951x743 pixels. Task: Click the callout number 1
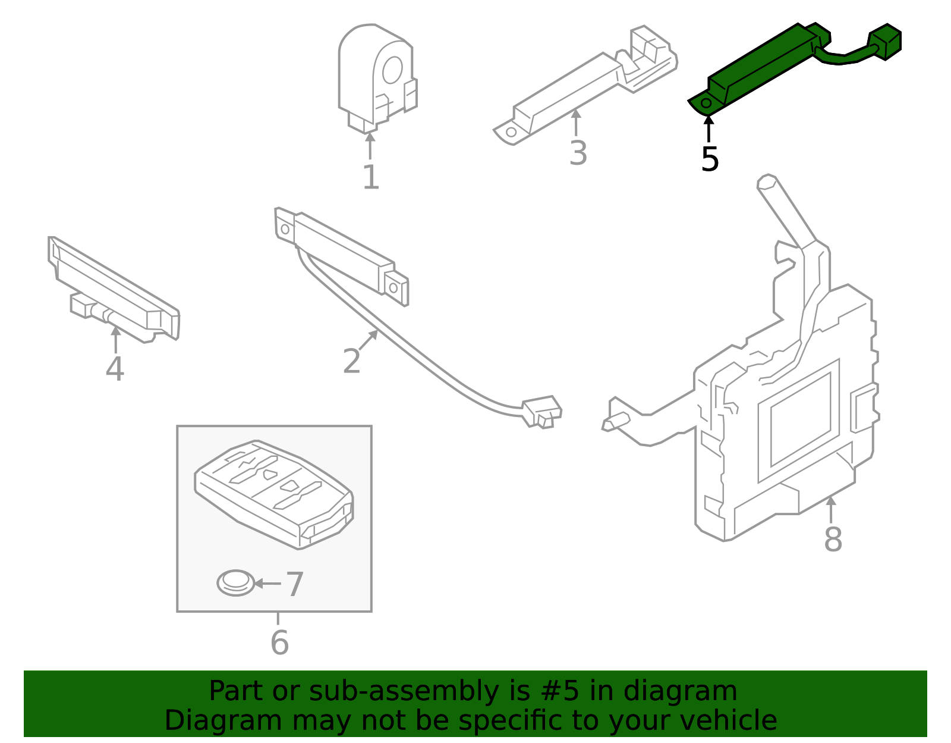pyautogui.click(x=371, y=177)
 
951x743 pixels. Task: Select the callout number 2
pyautogui.click(x=352, y=360)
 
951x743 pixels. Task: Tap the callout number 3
pyautogui.click(x=578, y=153)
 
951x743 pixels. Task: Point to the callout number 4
pyautogui.click(x=115, y=369)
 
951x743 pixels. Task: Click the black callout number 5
pyautogui.click(x=710, y=159)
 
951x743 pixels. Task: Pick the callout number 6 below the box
pyautogui.click(x=280, y=642)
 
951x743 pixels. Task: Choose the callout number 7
pyautogui.click(x=295, y=585)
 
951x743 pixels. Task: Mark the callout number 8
pyautogui.click(x=833, y=540)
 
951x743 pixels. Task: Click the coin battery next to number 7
pyautogui.click(x=235, y=583)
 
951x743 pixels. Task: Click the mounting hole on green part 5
pyautogui.click(x=706, y=104)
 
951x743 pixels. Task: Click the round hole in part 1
pyautogui.click(x=392, y=70)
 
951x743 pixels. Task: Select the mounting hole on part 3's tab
pyautogui.click(x=511, y=132)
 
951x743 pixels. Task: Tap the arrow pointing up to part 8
pyautogui.click(x=831, y=510)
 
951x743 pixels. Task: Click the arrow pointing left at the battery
pyautogui.click(x=268, y=584)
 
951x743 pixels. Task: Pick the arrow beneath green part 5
pyautogui.click(x=708, y=128)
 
